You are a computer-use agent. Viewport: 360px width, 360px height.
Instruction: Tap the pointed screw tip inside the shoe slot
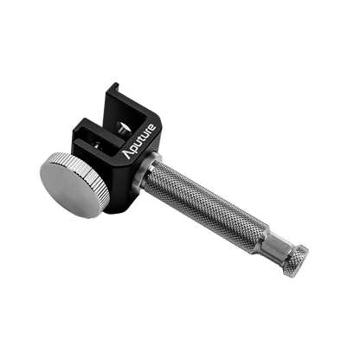pos(127,126)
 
